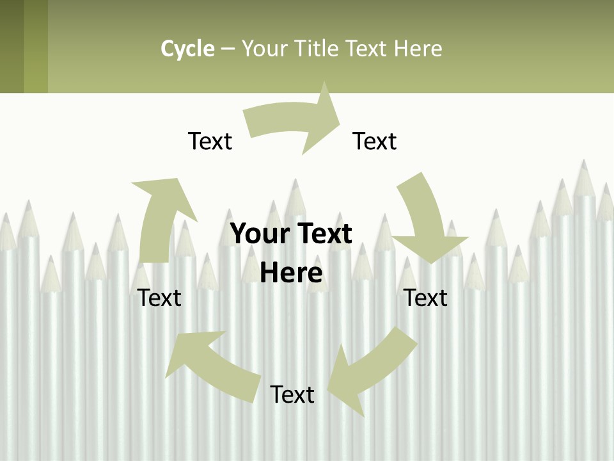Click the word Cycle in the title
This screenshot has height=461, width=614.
(x=187, y=49)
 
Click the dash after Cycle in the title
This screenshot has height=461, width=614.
(x=228, y=49)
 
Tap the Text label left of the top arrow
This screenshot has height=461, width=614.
(x=210, y=141)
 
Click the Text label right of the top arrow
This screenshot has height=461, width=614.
(x=375, y=141)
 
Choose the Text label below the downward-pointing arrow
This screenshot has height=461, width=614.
(x=426, y=298)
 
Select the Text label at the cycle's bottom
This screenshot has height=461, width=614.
(x=292, y=394)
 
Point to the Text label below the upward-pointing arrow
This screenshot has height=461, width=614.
(x=159, y=298)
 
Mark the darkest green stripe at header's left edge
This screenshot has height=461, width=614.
(x=12, y=46)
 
